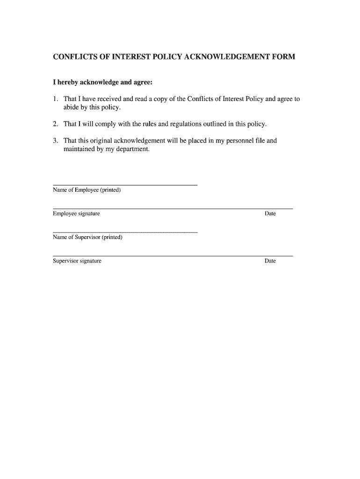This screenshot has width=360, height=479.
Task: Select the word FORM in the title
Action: point(283,57)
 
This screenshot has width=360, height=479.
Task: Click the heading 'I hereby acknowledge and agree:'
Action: point(102,82)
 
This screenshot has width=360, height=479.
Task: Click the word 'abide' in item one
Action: point(72,108)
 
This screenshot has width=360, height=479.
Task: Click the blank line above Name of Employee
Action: point(125,185)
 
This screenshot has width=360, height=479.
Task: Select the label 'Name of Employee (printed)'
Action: point(86,190)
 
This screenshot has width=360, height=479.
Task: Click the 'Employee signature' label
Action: point(76,214)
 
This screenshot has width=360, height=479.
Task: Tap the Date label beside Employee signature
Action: point(270,214)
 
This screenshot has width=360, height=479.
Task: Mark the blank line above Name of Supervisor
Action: point(125,232)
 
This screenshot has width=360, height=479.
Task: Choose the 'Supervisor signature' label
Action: point(77,261)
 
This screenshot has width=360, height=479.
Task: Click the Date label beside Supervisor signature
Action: point(270,261)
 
